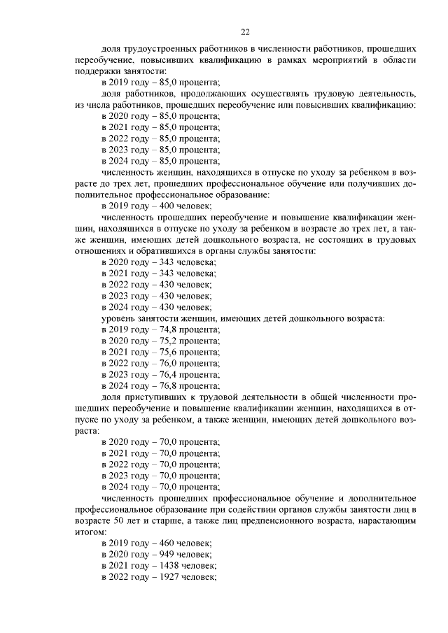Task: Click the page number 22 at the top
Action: (245, 31)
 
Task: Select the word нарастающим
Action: (388, 521)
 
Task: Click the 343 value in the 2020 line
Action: (168, 262)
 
